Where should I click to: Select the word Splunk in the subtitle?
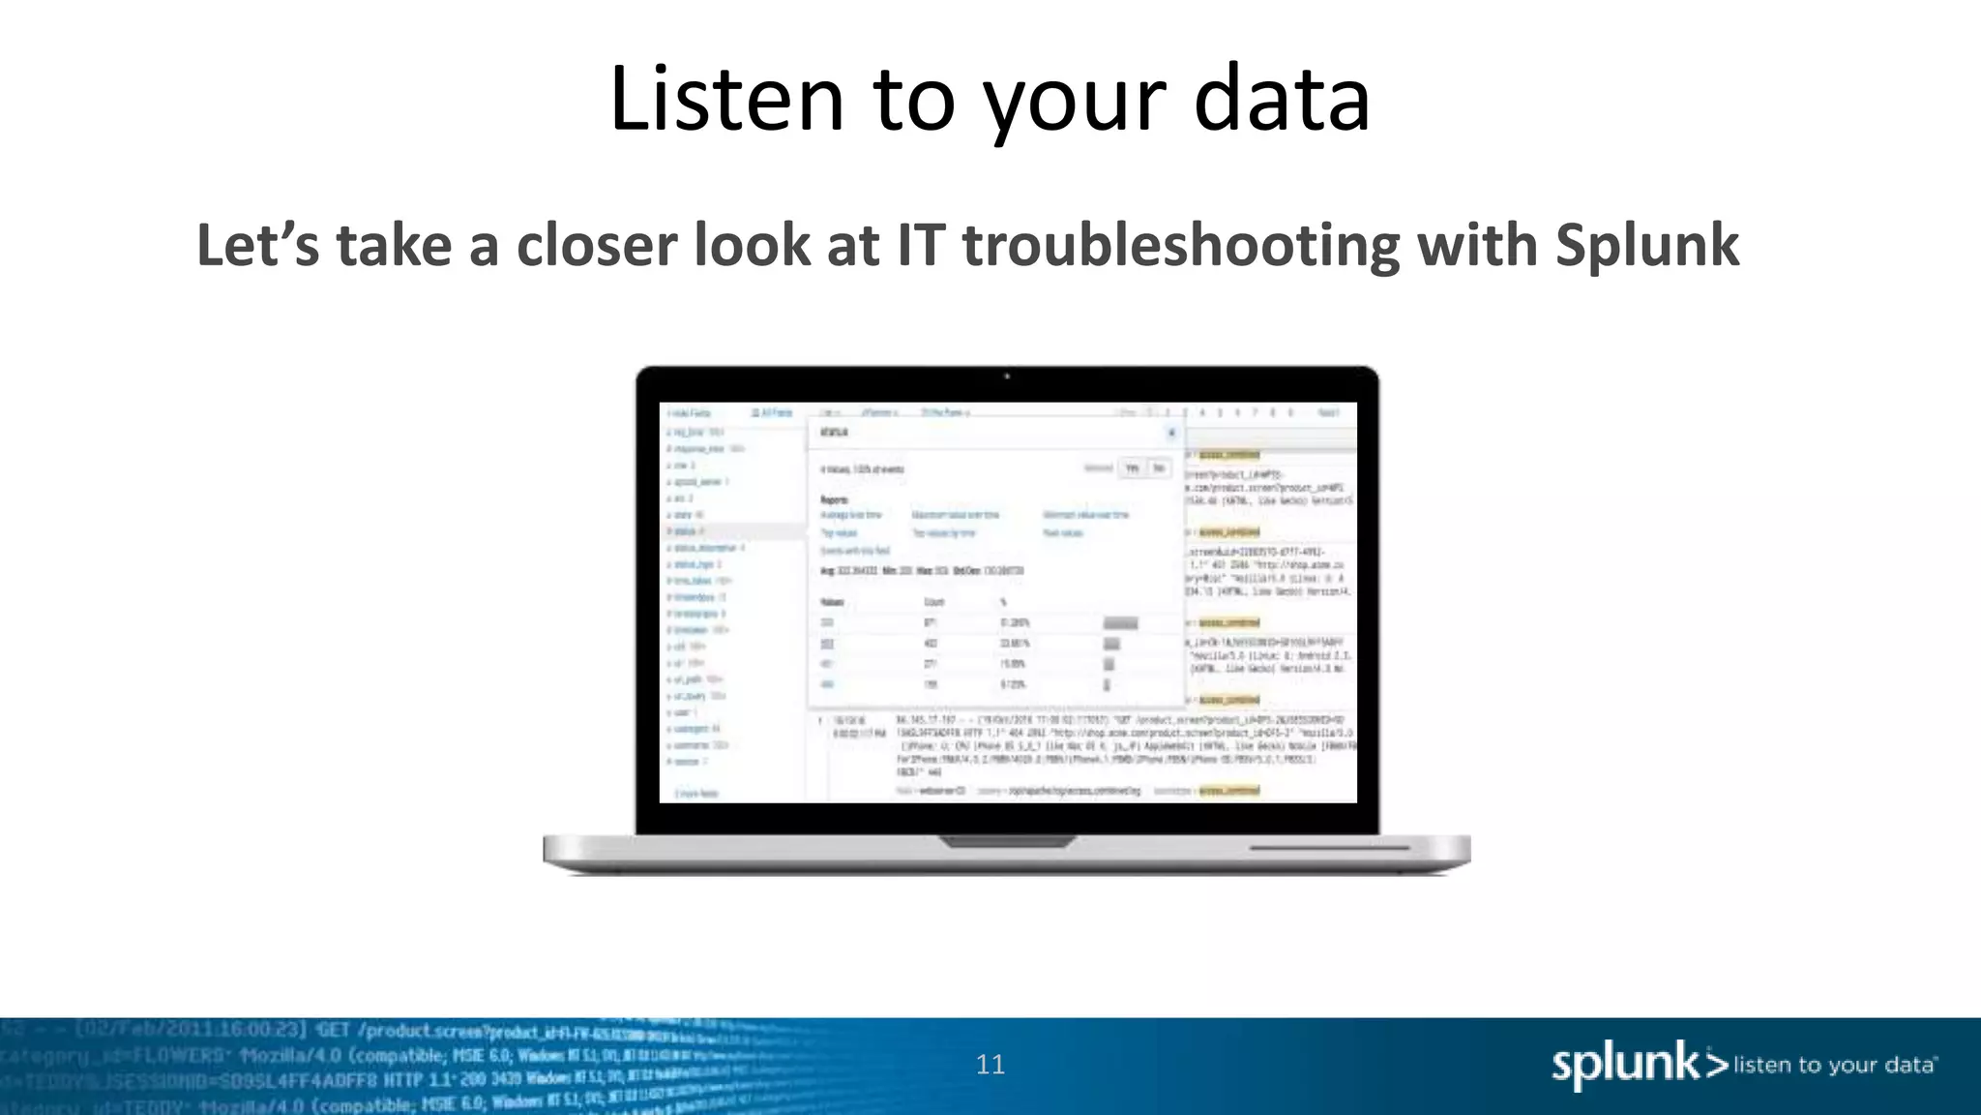coord(1646,245)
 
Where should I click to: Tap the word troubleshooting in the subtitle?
coord(1181,245)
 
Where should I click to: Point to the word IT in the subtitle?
coord(920,245)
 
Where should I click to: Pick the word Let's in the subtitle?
coord(257,245)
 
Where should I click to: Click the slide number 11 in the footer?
coord(990,1065)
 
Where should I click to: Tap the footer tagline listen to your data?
coord(1834,1066)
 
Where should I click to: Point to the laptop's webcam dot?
coord(1007,377)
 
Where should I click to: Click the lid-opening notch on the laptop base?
coord(1007,841)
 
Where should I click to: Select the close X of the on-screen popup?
coord(1171,433)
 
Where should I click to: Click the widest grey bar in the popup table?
coord(1120,623)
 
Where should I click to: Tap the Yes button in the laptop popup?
coord(1132,468)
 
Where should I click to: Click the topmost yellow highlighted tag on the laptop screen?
coord(1229,455)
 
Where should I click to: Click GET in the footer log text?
coord(333,1030)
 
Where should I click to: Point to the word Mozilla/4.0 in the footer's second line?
coord(289,1055)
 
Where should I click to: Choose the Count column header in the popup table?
coord(933,602)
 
